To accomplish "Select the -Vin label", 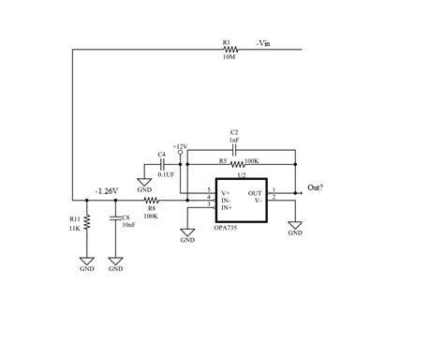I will point(263,42).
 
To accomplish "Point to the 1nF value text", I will point(234,139).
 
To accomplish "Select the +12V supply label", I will point(180,146).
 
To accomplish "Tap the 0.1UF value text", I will point(167,173).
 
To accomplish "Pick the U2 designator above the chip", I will point(241,174).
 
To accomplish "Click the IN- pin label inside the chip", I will point(226,200).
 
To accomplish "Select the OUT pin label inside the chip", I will point(255,193).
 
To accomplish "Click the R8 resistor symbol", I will point(151,201).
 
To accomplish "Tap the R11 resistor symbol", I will point(87,223).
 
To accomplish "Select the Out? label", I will point(316,187).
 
